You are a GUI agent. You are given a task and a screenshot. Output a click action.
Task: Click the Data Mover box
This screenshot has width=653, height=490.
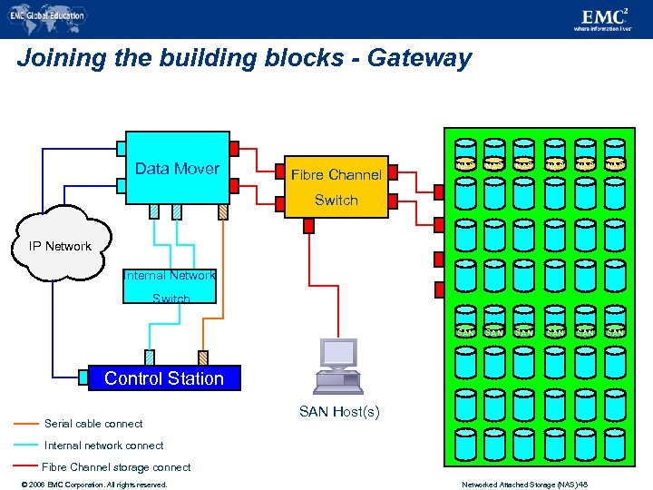click(177, 168)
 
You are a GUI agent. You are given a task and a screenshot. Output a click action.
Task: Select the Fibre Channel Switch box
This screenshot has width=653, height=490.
click(336, 186)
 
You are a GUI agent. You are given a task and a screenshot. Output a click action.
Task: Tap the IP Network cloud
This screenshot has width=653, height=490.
click(60, 245)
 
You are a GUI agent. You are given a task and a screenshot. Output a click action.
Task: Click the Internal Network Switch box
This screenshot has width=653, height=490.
click(171, 286)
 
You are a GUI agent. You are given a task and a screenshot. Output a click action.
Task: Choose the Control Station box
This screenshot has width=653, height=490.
click(164, 378)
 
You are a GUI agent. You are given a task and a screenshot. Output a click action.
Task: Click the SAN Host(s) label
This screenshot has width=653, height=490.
click(339, 413)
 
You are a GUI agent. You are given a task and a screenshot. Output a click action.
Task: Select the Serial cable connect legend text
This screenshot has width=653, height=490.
click(93, 424)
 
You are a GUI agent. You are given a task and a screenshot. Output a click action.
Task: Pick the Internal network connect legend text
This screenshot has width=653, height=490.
click(103, 446)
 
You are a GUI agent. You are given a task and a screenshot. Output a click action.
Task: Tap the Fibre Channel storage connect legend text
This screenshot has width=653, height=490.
click(116, 467)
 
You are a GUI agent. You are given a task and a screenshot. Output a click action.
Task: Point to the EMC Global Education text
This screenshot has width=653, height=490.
click(51, 15)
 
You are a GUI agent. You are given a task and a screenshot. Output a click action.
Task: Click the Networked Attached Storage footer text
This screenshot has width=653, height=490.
click(537, 485)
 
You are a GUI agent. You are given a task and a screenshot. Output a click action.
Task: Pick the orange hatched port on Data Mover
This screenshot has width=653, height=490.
click(224, 211)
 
